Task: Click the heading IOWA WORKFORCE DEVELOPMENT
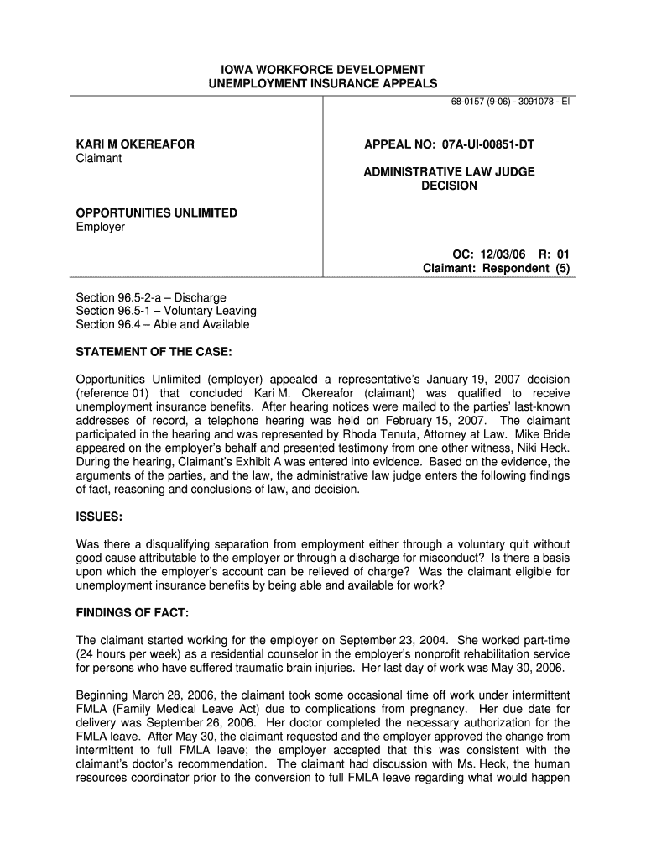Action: point(323,69)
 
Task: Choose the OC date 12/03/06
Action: point(492,254)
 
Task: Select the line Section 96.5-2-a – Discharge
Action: point(151,297)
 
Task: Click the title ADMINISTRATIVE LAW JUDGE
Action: point(449,171)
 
